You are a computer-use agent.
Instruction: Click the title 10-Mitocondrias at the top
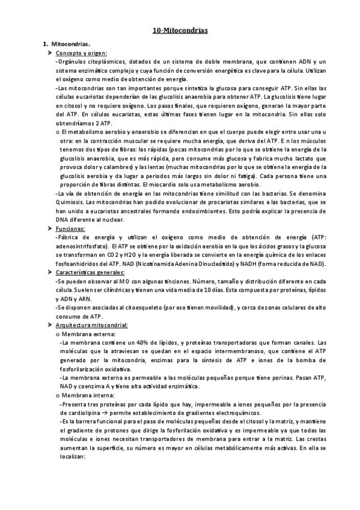pyautogui.click(x=180, y=29)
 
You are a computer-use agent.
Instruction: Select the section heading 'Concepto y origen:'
pyautogui.click(x=81, y=53)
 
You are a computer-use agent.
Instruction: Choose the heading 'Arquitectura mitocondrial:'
pyautogui.click(x=90, y=325)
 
